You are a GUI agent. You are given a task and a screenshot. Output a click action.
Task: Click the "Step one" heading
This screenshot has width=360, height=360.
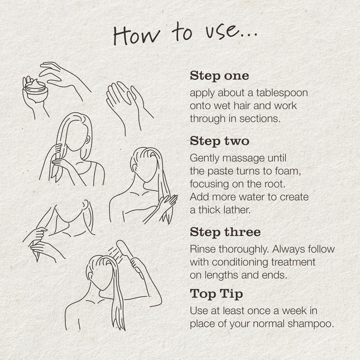219,76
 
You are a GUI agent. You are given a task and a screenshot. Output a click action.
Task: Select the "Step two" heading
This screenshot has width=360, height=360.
219,141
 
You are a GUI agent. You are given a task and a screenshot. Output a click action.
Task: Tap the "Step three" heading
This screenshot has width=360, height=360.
225,232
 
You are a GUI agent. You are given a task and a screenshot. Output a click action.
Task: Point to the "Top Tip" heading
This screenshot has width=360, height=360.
216,294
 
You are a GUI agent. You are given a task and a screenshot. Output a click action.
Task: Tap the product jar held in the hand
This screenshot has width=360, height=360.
36,90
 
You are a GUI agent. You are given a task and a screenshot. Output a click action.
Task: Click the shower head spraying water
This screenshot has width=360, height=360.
125,249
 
